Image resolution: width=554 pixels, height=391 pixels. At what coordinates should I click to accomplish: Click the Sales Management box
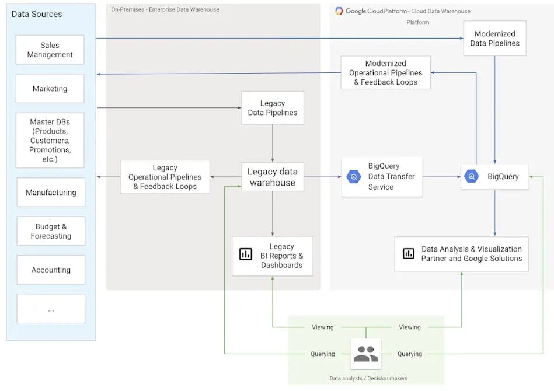click(x=50, y=50)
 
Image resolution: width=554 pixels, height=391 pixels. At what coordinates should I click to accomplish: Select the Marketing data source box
click(x=50, y=89)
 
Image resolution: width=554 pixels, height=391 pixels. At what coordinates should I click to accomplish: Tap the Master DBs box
click(x=50, y=140)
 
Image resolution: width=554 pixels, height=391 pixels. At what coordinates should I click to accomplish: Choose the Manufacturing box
click(x=51, y=193)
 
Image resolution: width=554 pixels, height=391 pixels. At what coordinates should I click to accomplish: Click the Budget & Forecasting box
click(x=51, y=231)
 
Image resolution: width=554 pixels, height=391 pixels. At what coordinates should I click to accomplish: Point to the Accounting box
click(x=51, y=270)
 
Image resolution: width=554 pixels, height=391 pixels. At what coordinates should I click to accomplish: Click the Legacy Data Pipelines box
click(x=272, y=108)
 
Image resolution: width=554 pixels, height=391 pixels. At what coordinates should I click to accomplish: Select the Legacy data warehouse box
click(x=272, y=177)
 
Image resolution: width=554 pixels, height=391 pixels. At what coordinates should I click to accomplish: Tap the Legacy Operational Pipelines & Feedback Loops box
click(x=165, y=177)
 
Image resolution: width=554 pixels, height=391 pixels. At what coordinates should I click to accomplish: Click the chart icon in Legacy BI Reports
click(x=246, y=254)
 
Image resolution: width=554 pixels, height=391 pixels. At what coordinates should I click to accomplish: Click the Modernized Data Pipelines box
click(x=494, y=39)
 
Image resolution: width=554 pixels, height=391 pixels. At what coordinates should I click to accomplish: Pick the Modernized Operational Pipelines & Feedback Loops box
click(x=385, y=73)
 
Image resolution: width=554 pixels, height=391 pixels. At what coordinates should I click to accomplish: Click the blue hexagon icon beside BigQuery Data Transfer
click(x=354, y=177)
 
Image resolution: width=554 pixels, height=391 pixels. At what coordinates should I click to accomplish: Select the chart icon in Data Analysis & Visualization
click(x=409, y=253)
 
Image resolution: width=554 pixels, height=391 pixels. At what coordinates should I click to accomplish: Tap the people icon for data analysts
click(x=366, y=354)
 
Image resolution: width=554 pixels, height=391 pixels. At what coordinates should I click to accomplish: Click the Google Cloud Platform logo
click(x=339, y=11)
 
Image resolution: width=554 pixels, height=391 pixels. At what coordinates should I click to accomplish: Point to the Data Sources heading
click(x=37, y=14)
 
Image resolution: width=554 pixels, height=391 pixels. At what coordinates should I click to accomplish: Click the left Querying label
click(x=323, y=354)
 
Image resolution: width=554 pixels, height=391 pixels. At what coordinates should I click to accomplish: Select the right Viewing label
click(x=410, y=327)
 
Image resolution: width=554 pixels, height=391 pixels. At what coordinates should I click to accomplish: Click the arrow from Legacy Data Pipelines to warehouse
click(x=272, y=143)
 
